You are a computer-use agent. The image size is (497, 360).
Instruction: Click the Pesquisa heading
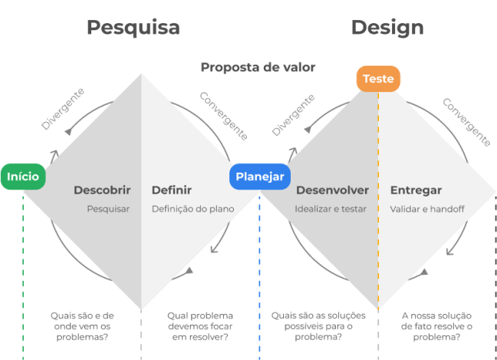tap(133, 28)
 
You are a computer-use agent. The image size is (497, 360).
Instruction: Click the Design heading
tap(387, 28)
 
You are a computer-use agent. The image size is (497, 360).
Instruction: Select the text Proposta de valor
tap(258, 68)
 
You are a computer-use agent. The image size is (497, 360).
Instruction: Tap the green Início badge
tap(23, 177)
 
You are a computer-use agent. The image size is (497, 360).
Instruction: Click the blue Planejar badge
tap(259, 177)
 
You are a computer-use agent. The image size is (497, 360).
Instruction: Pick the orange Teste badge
tap(378, 79)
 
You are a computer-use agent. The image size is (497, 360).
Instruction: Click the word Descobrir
tap(102, 190)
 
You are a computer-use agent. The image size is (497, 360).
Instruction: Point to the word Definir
tap(172, 190)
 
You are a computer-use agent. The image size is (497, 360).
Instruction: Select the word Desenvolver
tap(332, 190)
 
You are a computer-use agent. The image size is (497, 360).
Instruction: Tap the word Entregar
tap(416, 190)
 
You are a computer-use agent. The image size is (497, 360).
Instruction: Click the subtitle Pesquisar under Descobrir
tap(108, 209)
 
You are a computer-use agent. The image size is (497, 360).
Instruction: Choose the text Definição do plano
tap(193, 209)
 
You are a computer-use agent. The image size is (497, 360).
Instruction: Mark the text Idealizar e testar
tap(331, 209)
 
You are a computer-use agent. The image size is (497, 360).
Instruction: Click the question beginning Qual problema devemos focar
tap(199, 325)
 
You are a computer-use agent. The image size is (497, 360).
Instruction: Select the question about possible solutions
tap(318, 325)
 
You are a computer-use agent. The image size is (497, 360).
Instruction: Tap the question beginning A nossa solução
tap(436, 325)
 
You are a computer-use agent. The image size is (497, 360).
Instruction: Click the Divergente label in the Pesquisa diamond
tap(63, 109)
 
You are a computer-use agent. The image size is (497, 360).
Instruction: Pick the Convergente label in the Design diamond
tap(466, 121)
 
